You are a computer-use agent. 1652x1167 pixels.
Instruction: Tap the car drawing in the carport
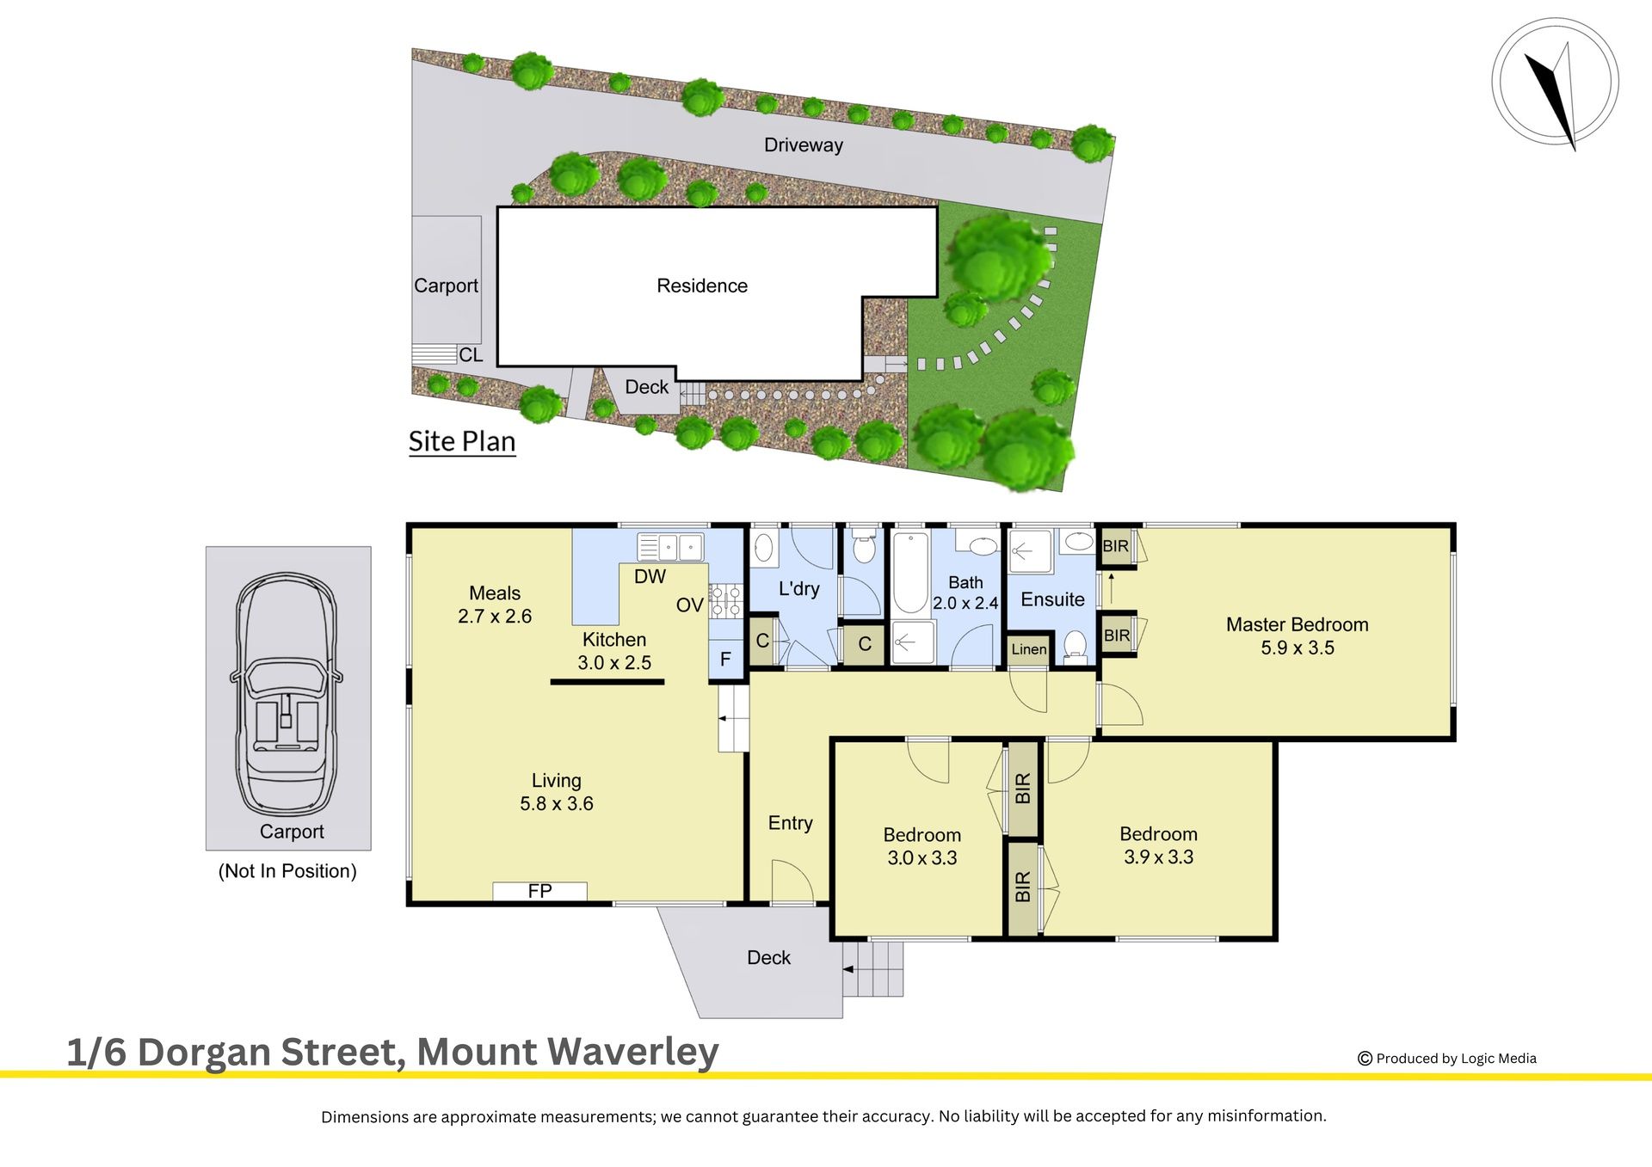pyautogui.click(x=287, y=695)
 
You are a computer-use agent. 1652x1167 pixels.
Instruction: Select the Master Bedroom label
pyautogui.click(x=1297, y=625)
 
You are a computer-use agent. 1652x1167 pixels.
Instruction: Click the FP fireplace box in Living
pyautogui.click(x=539, y=891)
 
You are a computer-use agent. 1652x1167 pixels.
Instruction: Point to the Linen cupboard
pyautogui.click(x=1029, y=649)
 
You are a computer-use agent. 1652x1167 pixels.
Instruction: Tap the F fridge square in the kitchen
pyautogui.click(x=725, y=660)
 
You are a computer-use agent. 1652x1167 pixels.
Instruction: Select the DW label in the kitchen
pyautogui.click(x=650, y=577)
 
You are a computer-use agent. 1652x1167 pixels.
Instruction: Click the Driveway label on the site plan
pyautogui.click(x=804, y=145)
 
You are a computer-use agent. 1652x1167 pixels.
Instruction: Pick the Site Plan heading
pyautogui.click(x=462, y=441)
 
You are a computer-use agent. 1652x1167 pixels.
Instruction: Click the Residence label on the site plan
pyautogui.click(x=702, y=286)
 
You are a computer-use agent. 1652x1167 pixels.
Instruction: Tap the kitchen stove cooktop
pyautogui.click(x=725, y=600)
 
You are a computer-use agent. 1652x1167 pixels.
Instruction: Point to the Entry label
pyautogui.click(x=790, y=823)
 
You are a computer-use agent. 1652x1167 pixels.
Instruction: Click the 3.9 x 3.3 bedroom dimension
pyautogui.click(x=1158, y=857)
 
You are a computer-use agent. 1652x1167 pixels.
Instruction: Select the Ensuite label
pyautogui.click(x=1052, y=599)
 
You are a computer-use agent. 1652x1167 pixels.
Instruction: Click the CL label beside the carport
pyautogui.click(x=471, y=355)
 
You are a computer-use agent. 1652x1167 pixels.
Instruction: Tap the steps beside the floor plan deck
pyautogui.click(x=873, y=969)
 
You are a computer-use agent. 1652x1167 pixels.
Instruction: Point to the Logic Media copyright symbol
pyautogui.click(x=1365, y=1059)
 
